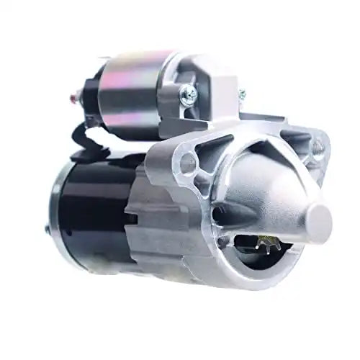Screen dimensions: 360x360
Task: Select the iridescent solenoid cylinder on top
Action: click(133, 86)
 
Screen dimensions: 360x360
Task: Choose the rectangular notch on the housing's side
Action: click(133, 216)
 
